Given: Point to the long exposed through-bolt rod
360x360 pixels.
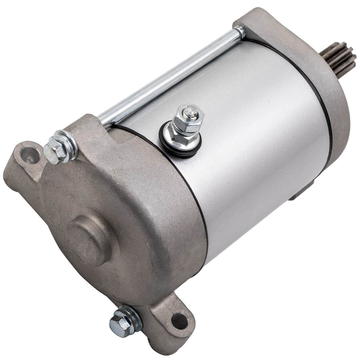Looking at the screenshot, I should [x=169, y=78].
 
